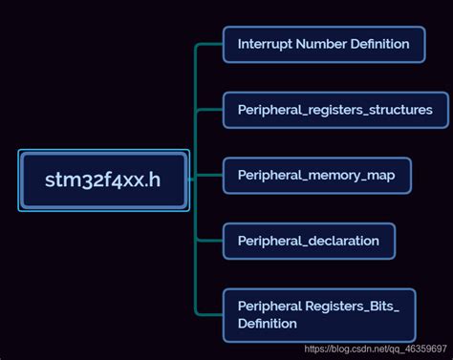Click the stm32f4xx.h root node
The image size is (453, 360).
(104, 180)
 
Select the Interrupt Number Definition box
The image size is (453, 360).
(323, 44)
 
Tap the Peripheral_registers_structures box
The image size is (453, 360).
(334, 110)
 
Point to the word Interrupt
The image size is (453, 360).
(264, 44)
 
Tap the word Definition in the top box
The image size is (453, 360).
(379, 44)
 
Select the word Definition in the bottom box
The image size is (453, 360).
(268, 325)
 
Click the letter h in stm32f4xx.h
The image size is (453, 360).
(154, 180)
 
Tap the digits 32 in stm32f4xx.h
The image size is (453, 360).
(86, 180)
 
